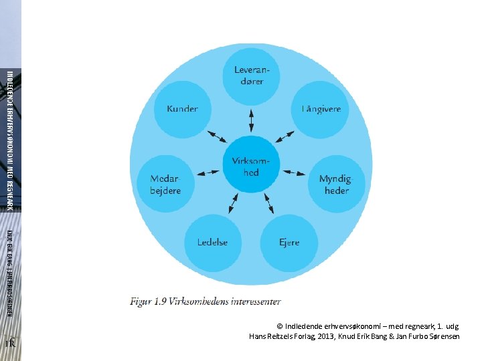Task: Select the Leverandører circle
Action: tap(248, 76)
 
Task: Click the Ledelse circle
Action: tap(212, 242)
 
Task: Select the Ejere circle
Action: tap(289, 242)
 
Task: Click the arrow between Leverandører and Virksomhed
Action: tap(251, 120)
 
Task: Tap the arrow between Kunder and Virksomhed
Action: tap(217, 138)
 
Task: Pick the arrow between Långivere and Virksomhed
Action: tap(285, 138)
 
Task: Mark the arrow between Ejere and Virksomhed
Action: tap(268, 201)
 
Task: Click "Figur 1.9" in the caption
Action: tap(148, 302)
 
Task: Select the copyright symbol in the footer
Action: tap(280, 326)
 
